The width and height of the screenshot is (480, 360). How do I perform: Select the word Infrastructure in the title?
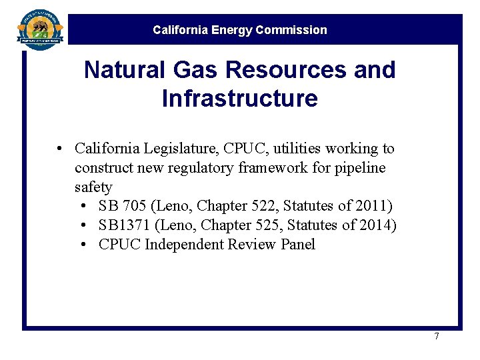pos(239,99)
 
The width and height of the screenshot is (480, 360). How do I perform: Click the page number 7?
pos(437,336)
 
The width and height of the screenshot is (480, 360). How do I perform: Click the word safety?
pos(93,187)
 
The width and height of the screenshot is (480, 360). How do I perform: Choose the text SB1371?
pos(124,225)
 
